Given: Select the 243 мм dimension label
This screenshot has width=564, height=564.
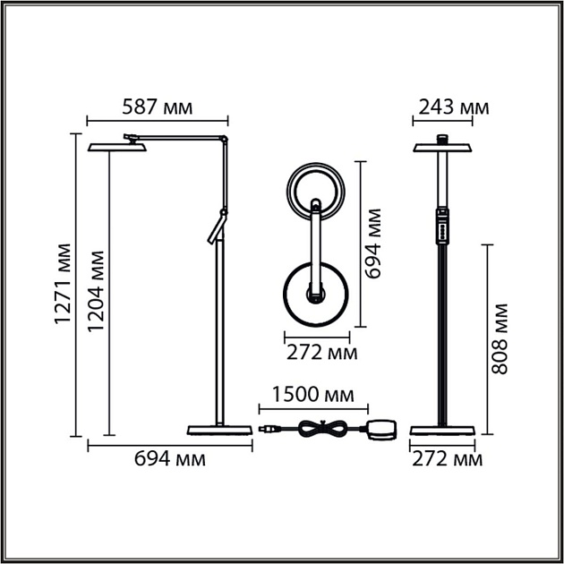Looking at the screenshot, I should click(x=450, y=108).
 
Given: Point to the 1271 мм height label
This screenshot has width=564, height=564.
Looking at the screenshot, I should click(x=62, y=283).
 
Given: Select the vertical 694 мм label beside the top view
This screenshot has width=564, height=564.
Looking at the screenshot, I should click(x=374, y=243).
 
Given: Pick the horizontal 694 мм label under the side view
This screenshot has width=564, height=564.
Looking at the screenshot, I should click(x=170, y=458).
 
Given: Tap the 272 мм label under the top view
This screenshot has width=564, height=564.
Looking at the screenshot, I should click(x=321, y=352).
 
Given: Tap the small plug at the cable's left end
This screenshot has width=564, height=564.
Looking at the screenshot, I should click(x=264, y=431).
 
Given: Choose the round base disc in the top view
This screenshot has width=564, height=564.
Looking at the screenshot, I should click(x=316, y=295).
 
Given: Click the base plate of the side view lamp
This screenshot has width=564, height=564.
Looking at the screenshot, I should click(x=218, y=432).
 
